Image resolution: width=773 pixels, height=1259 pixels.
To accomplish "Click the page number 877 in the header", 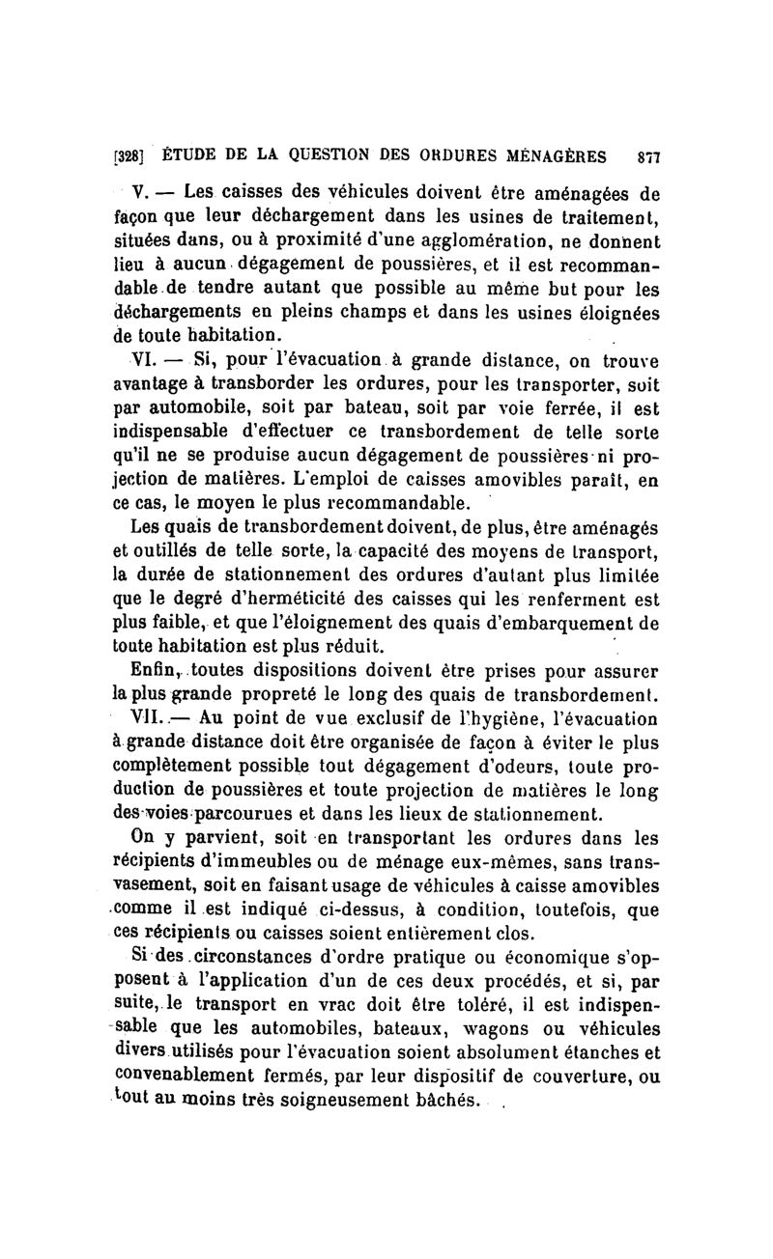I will tap(647, 156).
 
